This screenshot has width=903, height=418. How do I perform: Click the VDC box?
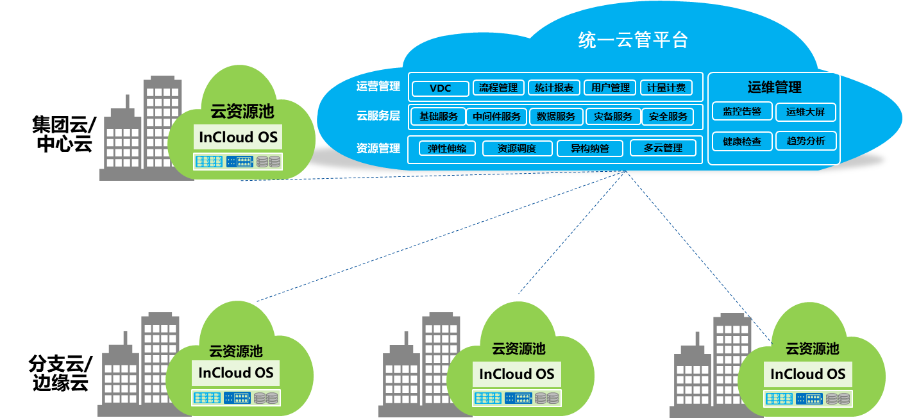click(440, 88)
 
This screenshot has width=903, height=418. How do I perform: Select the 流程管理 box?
click(498, 88)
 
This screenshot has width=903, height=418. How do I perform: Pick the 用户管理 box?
click(610, 88)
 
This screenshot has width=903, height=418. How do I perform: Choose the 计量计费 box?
click(666, 88)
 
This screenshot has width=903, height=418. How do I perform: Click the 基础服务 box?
click(439, 117)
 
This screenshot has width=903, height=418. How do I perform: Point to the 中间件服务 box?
click(496, 117)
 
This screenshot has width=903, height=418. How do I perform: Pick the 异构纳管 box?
click(590, 149)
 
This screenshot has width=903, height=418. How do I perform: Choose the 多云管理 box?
click(663, 148)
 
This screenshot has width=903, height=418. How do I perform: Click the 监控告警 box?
click(742, 112)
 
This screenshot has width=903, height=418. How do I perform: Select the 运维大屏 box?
click(806, 112)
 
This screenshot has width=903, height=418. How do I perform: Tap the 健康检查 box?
click(742, 141)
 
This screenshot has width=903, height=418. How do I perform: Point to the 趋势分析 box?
click(806, 140)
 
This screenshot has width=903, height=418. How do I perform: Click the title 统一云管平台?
click(632, 40)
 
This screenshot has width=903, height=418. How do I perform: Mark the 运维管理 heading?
click(774, 87)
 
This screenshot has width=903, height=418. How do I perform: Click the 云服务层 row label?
click(378, 116)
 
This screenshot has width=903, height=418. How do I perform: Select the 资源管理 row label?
click(378, 148)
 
